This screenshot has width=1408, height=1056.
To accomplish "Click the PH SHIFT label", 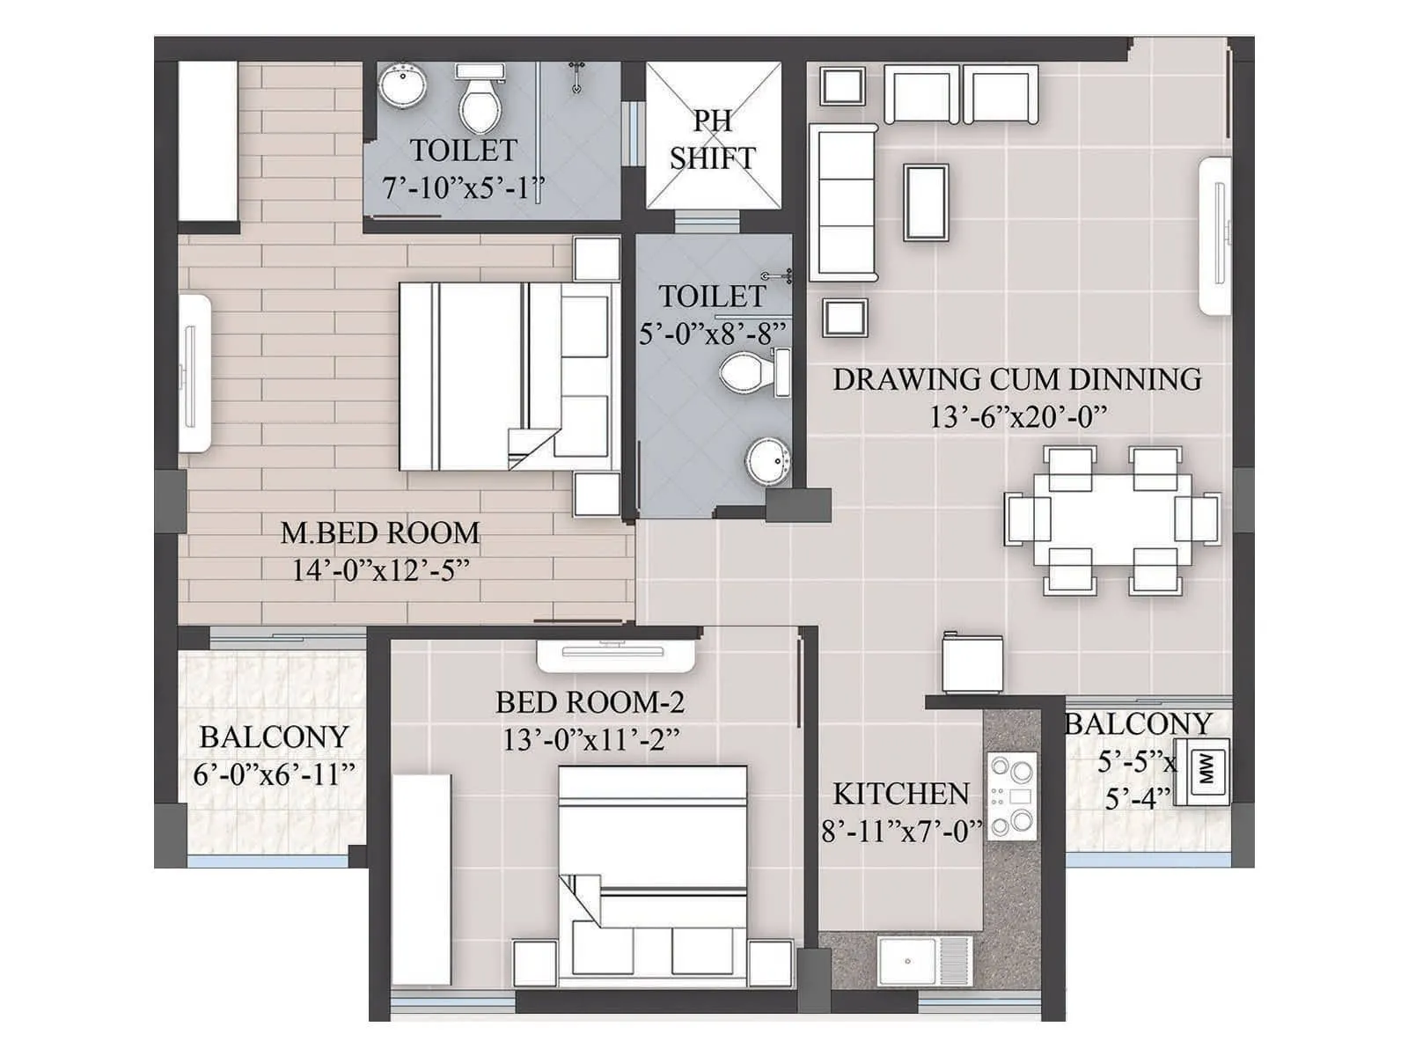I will (x=712, y=139).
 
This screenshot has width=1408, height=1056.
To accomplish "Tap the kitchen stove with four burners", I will (x=1012, y=796).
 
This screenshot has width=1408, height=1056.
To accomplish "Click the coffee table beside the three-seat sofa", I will (x=927, y=202).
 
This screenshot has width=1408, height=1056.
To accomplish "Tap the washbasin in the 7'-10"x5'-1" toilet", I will (x=404, y=87).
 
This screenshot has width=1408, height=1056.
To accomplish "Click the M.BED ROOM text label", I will (x=380, y=532).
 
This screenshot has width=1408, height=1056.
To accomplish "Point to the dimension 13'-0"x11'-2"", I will (x=590, y=740).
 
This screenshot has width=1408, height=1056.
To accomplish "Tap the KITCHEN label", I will (x=900, y=794).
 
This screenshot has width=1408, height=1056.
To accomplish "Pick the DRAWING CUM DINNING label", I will (x=1017, y=379).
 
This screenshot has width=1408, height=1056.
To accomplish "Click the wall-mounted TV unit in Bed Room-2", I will (x=617, y=652).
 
